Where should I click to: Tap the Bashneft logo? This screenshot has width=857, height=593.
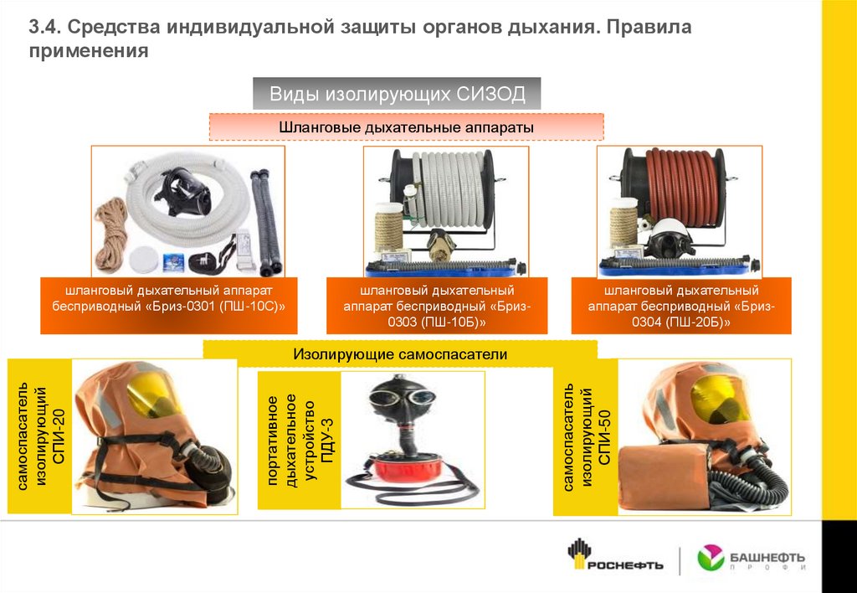[751, 559]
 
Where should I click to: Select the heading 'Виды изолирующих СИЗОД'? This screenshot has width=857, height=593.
[397, 94]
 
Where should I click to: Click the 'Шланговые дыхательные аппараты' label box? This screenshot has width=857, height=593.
[406, 127]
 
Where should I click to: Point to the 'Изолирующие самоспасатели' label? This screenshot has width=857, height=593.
[400, 354]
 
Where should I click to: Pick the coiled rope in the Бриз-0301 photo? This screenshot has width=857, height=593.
[111, 235]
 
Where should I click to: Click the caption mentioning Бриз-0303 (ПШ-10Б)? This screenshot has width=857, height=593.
[437, 306]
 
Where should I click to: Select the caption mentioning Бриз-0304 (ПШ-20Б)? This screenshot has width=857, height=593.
[681, 306]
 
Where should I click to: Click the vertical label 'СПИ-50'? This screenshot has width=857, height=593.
[603, 438]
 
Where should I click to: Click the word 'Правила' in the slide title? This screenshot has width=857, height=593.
[649, 27]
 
